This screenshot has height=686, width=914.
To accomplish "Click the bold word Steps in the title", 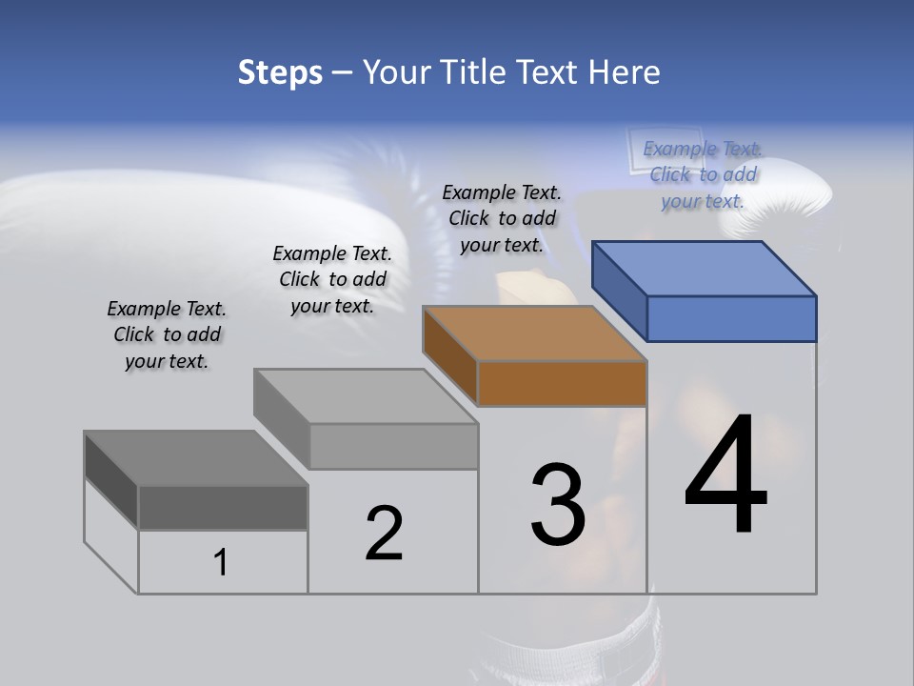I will tap(280, 72).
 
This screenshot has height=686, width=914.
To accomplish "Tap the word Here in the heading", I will tap(625, 72).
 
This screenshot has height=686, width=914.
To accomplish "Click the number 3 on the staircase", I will tap(557, 505).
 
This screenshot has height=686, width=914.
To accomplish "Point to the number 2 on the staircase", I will tap(384, 534).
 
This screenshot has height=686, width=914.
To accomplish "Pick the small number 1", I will tap(221, 563).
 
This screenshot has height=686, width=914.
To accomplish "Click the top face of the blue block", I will tap(705, 268).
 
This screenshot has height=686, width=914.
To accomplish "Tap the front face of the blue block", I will tap(731, 318).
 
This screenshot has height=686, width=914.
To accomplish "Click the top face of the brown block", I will tap(535, 333).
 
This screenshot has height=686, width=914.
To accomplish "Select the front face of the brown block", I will tap(562, 384).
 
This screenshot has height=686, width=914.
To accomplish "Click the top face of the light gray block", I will tap(366, 396).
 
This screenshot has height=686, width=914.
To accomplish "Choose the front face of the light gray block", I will tap(393, 446).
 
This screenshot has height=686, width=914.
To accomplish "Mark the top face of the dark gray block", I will tap(196, 458).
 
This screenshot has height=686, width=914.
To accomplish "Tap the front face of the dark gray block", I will tap(223, 507).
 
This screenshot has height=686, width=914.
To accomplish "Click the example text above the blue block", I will tap(703, 174).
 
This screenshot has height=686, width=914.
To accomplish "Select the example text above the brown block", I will tap(502, 218).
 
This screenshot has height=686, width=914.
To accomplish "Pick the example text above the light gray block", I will tap(332, 279).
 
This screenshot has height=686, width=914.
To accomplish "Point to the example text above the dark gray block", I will tap(167, 334).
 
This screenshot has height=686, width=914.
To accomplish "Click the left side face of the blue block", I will tap(620, 290).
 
